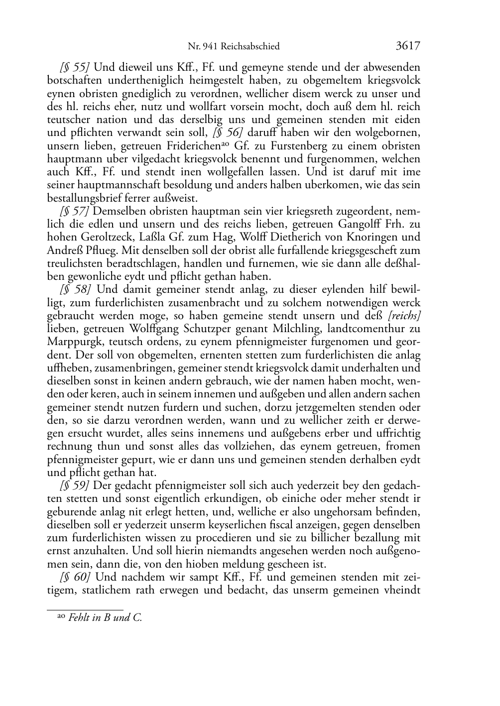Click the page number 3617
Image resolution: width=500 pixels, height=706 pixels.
(408, 46)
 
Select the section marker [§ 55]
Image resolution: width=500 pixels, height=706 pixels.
(75, 67)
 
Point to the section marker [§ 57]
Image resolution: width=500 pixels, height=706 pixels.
(75, 211)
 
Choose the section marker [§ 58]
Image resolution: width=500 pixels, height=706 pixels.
(75, 289)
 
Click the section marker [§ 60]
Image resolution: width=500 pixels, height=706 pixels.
(75, 577)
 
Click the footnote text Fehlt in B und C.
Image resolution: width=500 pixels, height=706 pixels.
(105, 618)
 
